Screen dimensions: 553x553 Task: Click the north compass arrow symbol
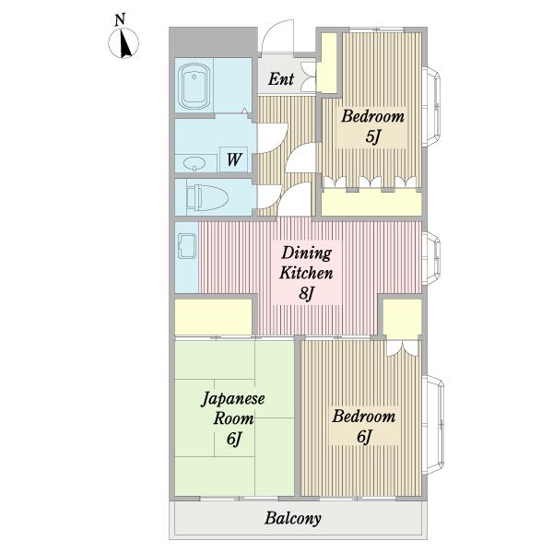click(124, 43)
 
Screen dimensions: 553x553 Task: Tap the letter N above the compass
click(120, 19)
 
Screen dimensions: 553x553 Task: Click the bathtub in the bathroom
click(194, 87)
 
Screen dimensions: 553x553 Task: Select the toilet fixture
click(207, 197)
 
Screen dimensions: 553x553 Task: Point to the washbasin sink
click(194, 163)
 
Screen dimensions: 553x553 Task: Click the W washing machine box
click(233, 159)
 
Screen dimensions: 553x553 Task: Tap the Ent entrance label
click(281, 78)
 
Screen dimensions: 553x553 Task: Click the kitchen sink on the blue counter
click(187, 246)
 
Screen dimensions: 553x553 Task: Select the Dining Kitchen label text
click(306, 263)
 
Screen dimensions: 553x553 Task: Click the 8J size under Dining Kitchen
click(307, 293)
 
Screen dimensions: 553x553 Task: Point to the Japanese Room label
click(233, 408)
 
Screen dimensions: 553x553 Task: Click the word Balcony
click(293, 518)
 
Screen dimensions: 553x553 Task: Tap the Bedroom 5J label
click(372, 126)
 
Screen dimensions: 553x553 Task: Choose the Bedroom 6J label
click(364, 426)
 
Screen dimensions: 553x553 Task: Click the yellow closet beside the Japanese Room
click(214, 317)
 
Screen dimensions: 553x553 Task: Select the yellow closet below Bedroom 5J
click(371, 202)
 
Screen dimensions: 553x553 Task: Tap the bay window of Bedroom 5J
click(432, 106)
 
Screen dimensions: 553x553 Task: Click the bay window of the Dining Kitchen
click(432, 258)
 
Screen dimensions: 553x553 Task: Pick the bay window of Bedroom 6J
click(434, 426)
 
